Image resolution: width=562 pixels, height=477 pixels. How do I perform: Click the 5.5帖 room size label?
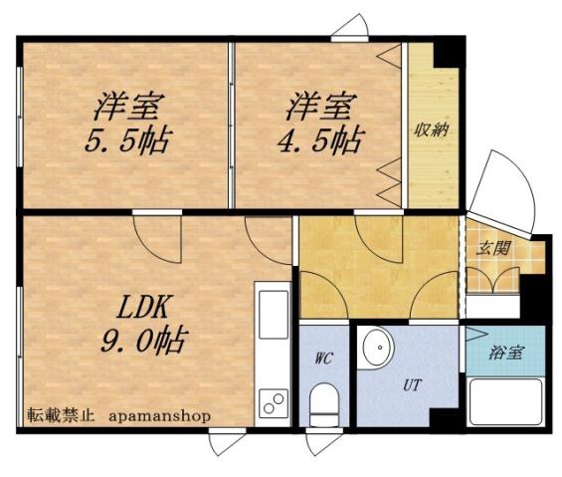(x=125, y=138)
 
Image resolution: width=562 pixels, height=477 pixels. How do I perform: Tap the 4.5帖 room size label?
(x=318, y=138)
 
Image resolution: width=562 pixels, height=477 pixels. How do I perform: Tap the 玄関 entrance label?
(x=493, y=248)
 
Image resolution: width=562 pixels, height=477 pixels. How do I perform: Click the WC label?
(x=323, y=358)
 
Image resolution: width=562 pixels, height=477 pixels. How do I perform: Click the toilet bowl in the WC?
(x=324, y=406)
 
